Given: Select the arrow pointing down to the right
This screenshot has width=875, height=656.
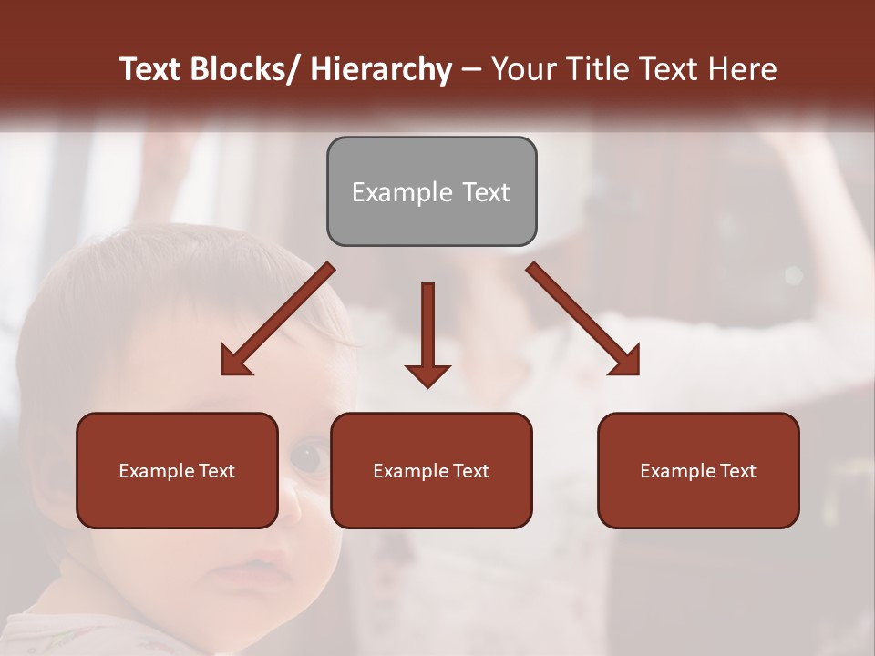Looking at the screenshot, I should (x=583, y=319).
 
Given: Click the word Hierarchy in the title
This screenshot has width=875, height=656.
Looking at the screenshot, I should (x=381, y=69).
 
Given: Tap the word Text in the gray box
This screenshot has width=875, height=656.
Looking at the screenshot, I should (x=485, y=192).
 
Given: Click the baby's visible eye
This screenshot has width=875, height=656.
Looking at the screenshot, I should (x=307, y=455).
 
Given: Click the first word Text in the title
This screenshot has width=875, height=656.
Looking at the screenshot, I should (x=151, y=69).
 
